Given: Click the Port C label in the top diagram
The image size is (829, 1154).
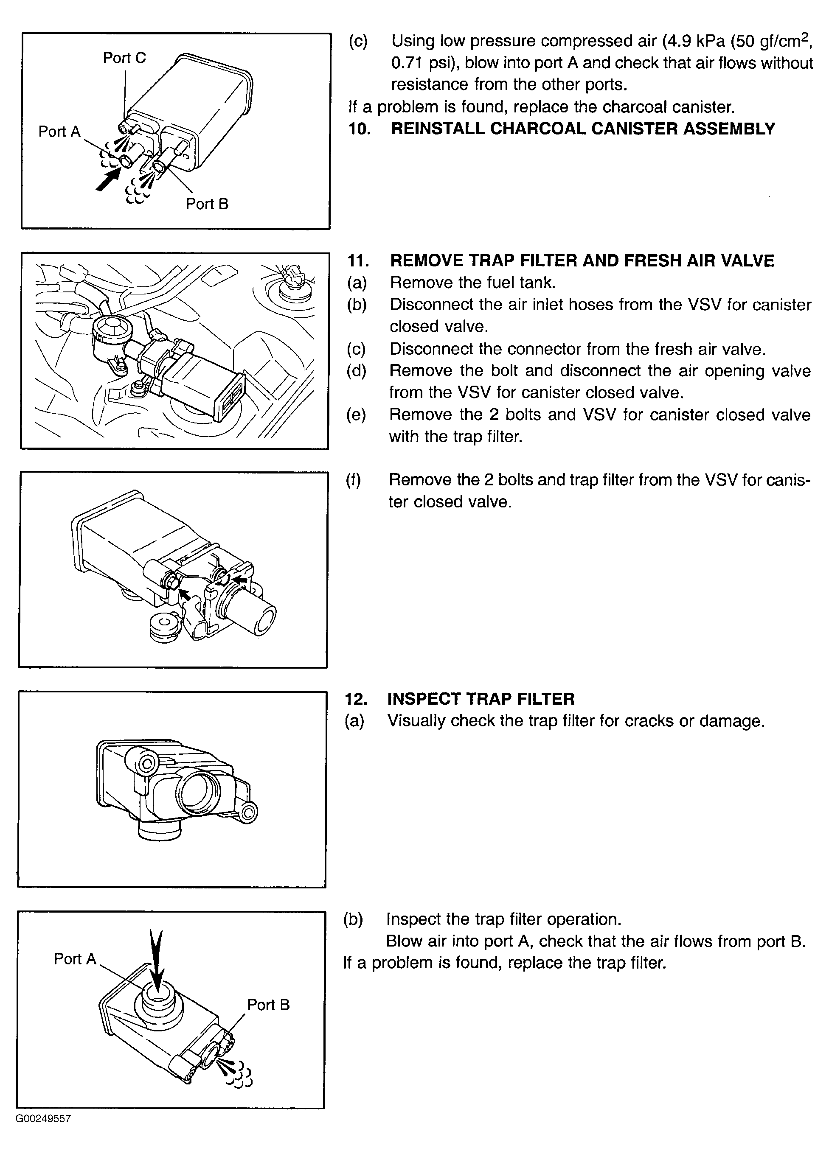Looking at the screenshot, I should point(124,58).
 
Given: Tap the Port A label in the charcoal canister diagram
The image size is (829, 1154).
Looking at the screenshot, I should point(59,132).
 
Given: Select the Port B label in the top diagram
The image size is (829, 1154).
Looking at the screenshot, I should point(207,204).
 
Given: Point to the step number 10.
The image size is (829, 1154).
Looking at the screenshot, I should point(359,129).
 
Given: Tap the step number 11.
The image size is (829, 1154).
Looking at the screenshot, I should point(358,260).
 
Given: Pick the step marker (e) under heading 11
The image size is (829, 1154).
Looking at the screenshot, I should point(357,415).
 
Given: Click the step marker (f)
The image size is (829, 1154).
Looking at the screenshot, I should point(354,480).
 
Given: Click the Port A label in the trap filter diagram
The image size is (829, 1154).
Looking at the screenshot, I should point(75,959).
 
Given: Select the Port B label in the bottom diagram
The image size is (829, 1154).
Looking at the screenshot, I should point(268,1005).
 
